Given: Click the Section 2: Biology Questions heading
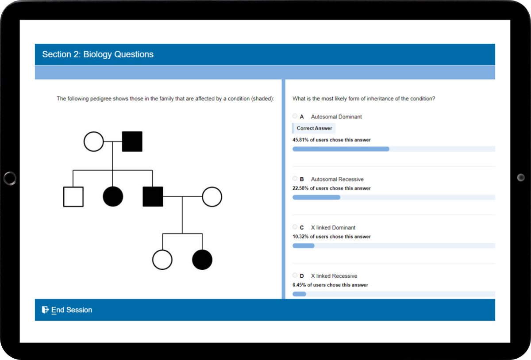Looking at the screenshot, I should pos(98,54).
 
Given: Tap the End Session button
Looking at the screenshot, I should pos(67,310).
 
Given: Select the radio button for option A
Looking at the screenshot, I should pos(295,116).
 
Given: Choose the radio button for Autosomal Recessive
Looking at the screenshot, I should pos(295,179).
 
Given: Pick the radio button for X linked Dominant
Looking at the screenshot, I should pos(295,227).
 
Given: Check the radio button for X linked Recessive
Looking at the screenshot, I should pos(295,276).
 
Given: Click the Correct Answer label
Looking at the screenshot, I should pos(314,128).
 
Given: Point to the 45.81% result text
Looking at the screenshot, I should pos(331,140).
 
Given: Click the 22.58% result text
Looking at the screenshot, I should pos(331,188).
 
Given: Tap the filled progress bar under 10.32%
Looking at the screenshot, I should pos(304,245).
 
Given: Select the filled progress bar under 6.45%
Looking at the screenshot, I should pos(299,294).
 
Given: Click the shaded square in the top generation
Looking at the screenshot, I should pos(132,142).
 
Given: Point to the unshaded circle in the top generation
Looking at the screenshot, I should pos(93,142).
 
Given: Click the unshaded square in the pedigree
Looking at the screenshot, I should pos(73,197).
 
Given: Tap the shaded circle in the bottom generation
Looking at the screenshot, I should pos(202,260).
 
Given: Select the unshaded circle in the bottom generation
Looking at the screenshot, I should pos(162,260).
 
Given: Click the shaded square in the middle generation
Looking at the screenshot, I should pos(153,197).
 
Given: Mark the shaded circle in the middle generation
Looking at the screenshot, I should pos(113,197).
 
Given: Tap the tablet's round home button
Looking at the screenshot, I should pos(10,178).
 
